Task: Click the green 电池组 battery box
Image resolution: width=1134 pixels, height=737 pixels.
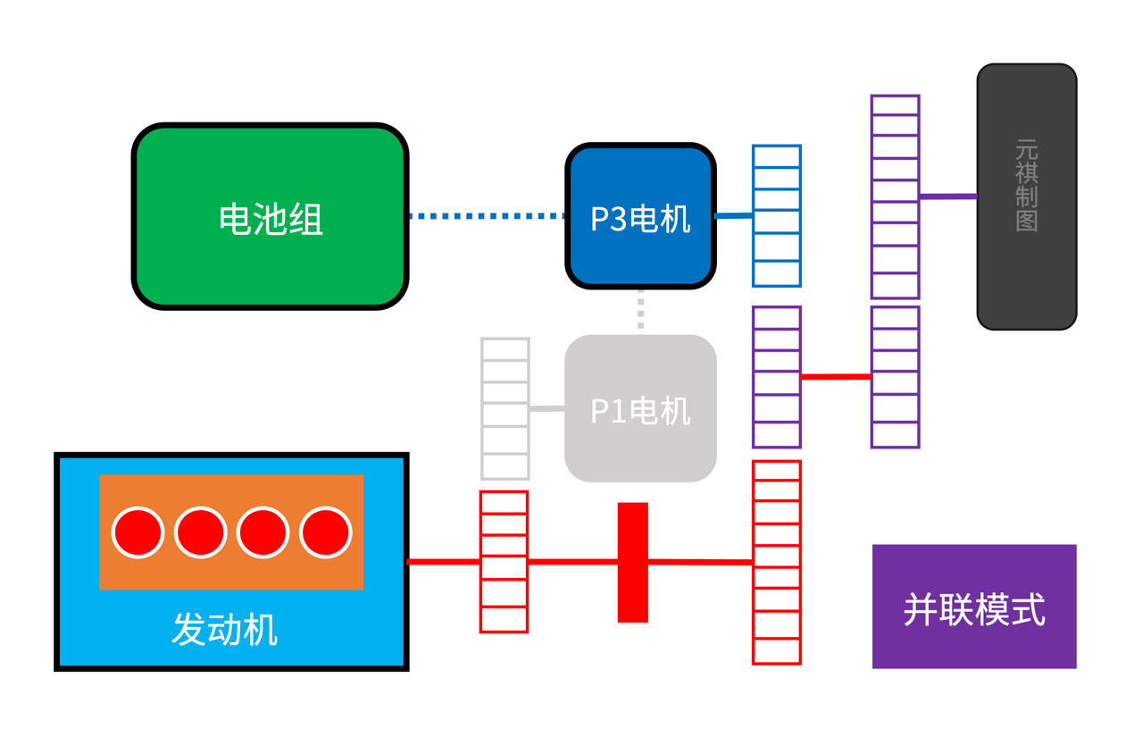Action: coord(271,217)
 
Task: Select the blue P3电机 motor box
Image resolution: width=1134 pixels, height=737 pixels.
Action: coord(640,216)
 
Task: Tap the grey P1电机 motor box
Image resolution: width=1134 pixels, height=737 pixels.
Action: coord(640,409)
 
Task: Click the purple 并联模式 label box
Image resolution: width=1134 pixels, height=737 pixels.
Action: coord(973,607)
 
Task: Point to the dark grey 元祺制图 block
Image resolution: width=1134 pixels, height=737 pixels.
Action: coord(1026,197)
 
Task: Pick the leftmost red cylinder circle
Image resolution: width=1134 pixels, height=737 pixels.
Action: coord(138,532)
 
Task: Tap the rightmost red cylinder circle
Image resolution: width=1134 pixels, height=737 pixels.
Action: coord(326,532)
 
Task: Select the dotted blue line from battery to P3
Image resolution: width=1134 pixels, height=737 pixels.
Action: coord(487,215)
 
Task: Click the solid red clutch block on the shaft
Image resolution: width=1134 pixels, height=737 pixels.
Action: coord(632,562)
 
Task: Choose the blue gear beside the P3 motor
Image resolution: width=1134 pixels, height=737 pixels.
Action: coord(776,216)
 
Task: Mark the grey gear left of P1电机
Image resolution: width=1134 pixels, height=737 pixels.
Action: coord(505,408)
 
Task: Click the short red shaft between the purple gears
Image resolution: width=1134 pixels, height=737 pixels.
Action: coord(836,377)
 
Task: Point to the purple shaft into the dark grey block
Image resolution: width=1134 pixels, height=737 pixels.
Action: coord(947,197)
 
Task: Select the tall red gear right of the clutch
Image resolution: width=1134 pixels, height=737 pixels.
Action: coord(776,562)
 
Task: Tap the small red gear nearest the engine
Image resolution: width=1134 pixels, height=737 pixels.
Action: coord(504,562)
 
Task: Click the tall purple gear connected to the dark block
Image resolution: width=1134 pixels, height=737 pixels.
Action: coord(895,197)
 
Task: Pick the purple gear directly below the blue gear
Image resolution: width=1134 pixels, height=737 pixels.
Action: coord(776,377)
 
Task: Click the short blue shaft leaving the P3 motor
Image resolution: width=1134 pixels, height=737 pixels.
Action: coord(733,215)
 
